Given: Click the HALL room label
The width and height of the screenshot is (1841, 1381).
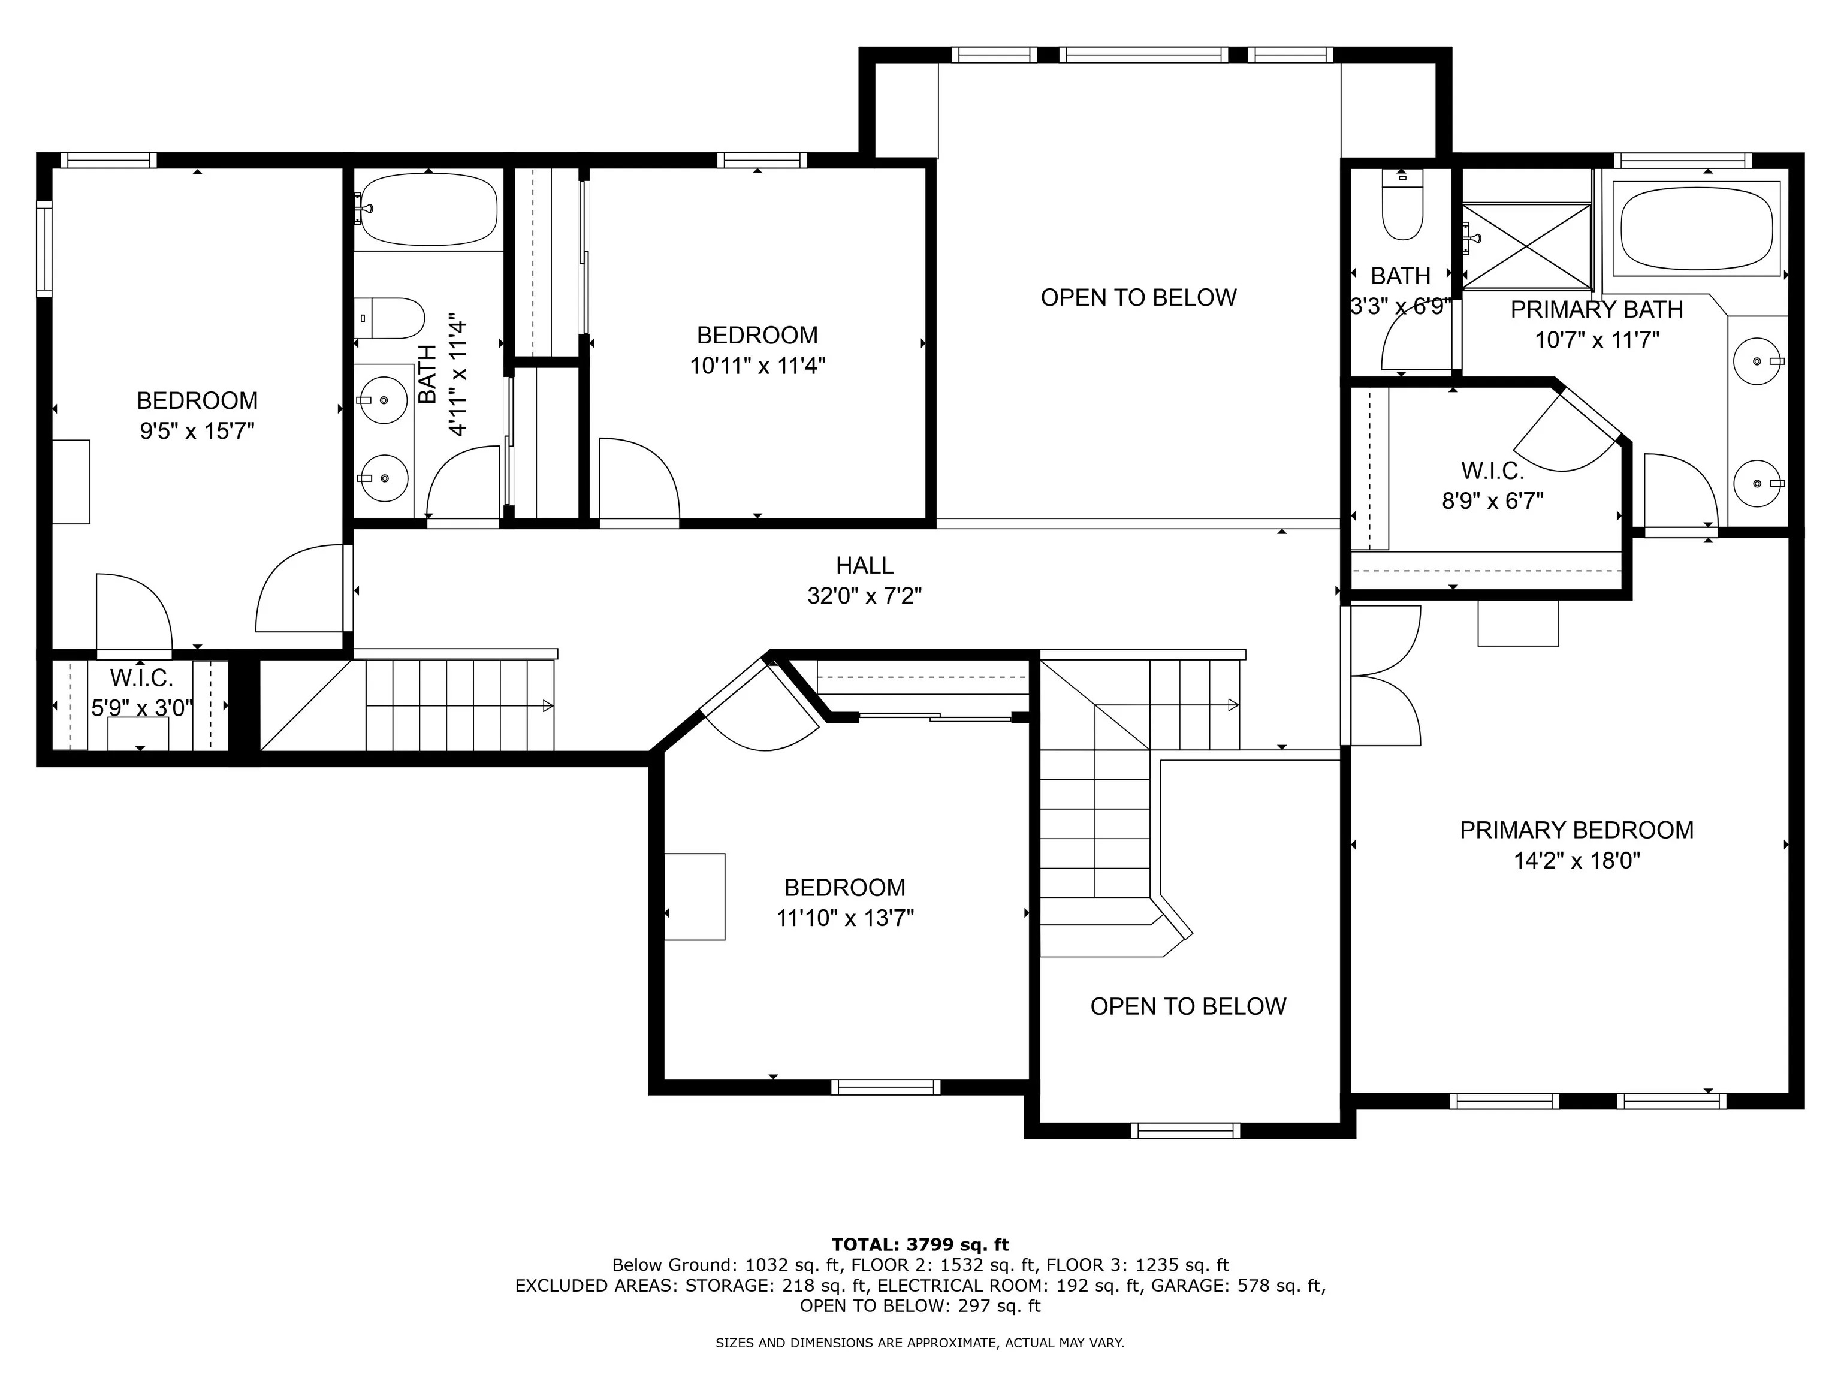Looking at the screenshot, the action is pos(865,565).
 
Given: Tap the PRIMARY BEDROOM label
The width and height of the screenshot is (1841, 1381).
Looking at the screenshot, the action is pos(1576,830).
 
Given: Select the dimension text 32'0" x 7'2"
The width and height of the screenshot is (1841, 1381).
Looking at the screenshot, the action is pos(865,596).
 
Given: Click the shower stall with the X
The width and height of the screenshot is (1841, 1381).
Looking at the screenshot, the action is pos(1526,246).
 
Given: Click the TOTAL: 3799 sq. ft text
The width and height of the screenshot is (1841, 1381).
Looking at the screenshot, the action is pos(920,1244).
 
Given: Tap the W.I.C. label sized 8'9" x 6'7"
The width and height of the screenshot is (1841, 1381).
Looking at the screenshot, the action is pos(1492,471).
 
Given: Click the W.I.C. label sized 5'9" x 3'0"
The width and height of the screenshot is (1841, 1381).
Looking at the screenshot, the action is pos(141,677).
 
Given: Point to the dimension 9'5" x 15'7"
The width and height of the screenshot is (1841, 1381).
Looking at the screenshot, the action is pos(197,431).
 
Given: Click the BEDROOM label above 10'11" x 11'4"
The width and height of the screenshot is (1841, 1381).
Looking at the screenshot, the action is pos(757,336).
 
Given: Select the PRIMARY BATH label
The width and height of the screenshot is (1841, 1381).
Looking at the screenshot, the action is pos(1596,310).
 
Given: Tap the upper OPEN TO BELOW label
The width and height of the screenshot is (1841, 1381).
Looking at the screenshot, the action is pos(1139,297).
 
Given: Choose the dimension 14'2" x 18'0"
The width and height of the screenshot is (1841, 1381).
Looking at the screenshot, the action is pos(1576,861).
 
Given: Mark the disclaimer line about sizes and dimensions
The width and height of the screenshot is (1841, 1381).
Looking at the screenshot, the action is pos(920,1343).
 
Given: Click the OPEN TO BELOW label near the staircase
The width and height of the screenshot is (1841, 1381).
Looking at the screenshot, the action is pos(1188,1006).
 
